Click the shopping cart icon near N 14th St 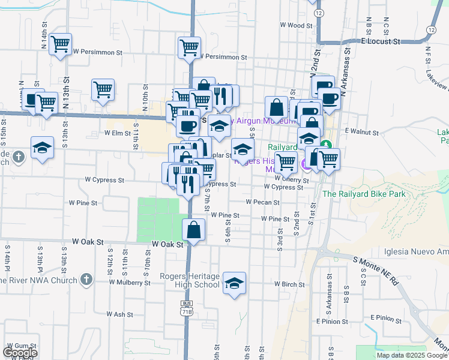click(60, 44)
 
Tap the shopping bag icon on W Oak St click(194, 229)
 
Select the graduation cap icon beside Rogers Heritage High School click(234, 283)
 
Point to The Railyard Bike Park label click(364, 194)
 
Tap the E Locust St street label click(381, 42)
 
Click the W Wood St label click(297, 26)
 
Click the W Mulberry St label click(129, 281)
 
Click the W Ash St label click(119, 314)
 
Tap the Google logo click(19, 353)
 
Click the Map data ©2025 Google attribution click(412, 355)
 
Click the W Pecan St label click(262, 202)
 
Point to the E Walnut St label click(360, 130)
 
